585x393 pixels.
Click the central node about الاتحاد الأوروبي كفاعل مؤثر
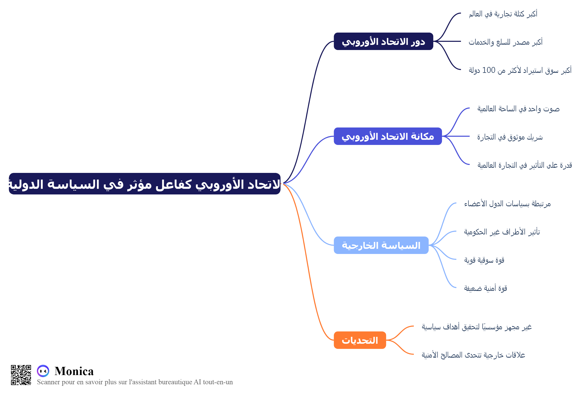point(145,184)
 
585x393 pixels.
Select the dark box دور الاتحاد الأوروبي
point(384,41)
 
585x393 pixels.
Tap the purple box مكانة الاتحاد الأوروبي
point(388,136)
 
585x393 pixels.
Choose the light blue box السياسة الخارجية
point(381,245)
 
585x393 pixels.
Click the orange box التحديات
point(360,340)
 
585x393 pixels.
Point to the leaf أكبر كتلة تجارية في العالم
point(503,14)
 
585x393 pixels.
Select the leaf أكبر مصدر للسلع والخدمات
point(506,42)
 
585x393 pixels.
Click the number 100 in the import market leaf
point(489,70)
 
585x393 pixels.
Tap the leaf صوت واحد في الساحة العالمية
point(518,109)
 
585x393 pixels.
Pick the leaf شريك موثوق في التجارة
point(510,137)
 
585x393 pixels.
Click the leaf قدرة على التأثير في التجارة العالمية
point(525,165)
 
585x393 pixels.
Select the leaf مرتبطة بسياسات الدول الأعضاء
point(507,204)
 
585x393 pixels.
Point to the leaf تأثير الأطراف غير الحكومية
point(502,232)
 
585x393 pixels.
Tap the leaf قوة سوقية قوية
point(484,260)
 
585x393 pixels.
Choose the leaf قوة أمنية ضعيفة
point(486,288)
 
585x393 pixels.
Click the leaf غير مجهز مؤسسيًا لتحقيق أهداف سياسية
point(477,327)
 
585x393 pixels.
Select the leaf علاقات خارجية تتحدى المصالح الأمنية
point(473,355)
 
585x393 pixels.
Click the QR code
point(21,375)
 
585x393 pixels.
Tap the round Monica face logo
point(43,371)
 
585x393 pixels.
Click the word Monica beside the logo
point(74,371)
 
